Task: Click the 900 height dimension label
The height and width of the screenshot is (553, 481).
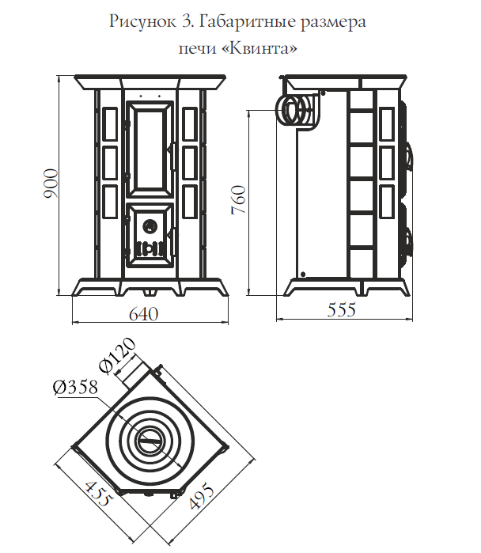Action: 51,184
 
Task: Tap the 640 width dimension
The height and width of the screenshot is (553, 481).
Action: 144,314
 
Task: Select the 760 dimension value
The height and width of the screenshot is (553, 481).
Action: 238,199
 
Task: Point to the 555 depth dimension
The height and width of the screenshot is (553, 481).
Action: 341,310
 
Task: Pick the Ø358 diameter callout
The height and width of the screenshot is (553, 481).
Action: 75,387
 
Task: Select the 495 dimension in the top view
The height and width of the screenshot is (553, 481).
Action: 202,497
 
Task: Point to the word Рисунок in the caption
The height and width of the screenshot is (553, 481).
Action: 142,22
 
